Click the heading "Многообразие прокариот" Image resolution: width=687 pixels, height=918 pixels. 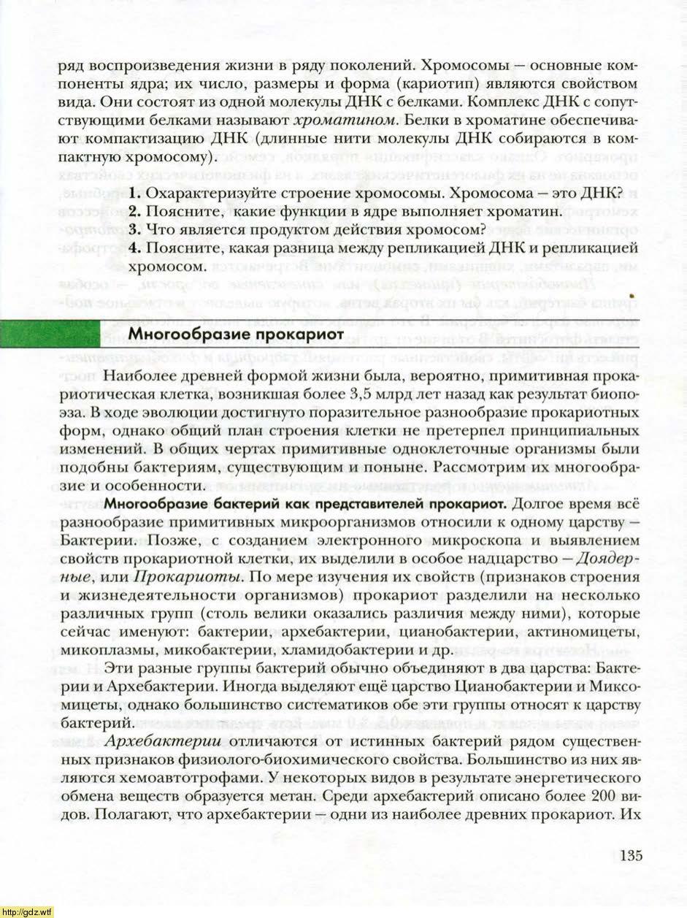pos(235,334)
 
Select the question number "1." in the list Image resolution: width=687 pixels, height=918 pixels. pos(134,194)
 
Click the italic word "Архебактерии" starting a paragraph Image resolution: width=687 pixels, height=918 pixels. pos(158,741)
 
